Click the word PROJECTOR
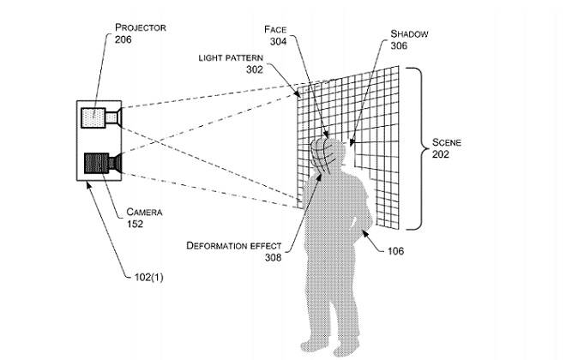point(141,27)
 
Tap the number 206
point(123,39)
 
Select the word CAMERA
point(144,212)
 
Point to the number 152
point(135,224)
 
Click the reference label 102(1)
point(148,278)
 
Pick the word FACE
point(275,30)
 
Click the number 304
point(279,41)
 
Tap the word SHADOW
point(409,34)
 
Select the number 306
point(399,45)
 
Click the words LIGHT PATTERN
point(231,57)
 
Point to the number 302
point(255,69)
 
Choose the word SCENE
point(447,142)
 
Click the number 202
point(441,154)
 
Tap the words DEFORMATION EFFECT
point(234,246)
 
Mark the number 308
point(273,257)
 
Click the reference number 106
point(395,251)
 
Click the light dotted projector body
point(93,117)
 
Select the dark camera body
point(96,163)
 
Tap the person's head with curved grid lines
point(328,155)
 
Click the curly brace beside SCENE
point(418,148)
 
